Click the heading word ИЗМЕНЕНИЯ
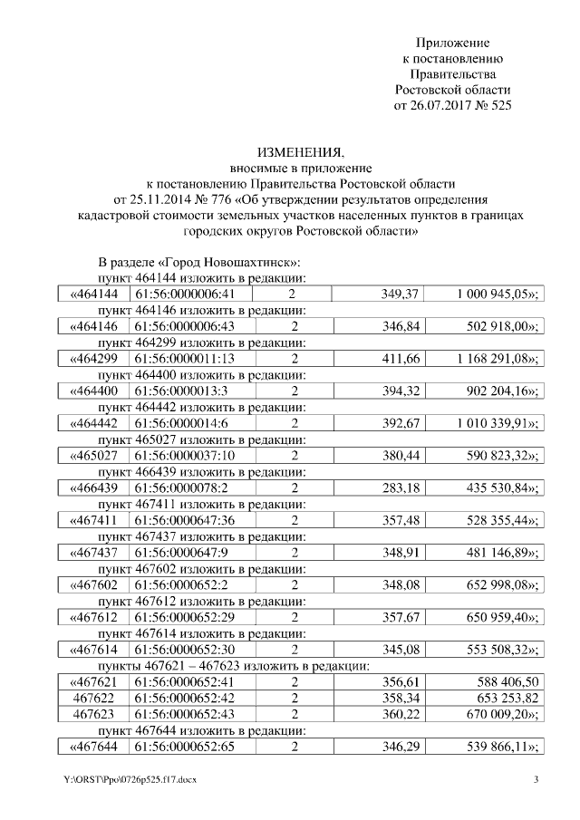point(289,151)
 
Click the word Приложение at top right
point(452,43)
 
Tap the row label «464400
point(94,392)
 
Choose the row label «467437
point(94,555)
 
